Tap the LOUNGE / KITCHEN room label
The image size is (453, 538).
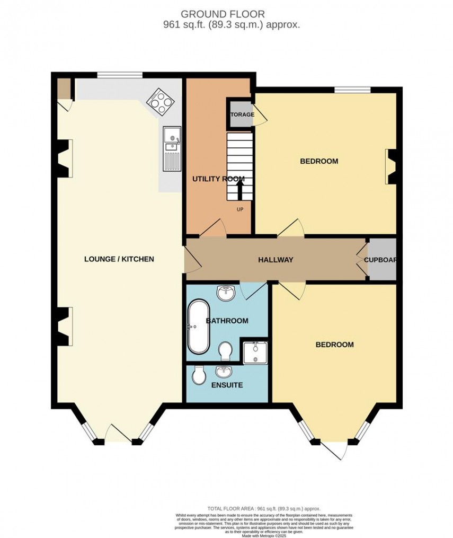pyautogui.click(x=119, y=259)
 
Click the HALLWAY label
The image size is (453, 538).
pyautogui.click(x=276, y=260)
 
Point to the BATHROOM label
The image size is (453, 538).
pyautogui.click(x=227, y=321)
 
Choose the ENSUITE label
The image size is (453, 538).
pyautogui.click(x=227, y=385)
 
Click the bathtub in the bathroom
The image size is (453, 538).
pyautogui.click(x=198, y=327)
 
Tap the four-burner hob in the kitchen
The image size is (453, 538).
pyautogui.click(x=160, y=100)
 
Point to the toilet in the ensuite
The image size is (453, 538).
pyautogui.click(x=200, y=376)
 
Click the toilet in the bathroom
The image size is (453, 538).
pyautogui.click(x=225, y=351)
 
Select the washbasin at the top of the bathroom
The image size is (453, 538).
pyautogui.click(x=227, y=292)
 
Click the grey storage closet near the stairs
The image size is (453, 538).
pyautogui.click(x=240, y=114)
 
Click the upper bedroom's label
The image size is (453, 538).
pyautogui.click(x=319, y=161)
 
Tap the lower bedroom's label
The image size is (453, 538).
pyautogui.click(x=334, y=345)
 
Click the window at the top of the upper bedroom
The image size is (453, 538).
pyautogui.click(x=352, y=90)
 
